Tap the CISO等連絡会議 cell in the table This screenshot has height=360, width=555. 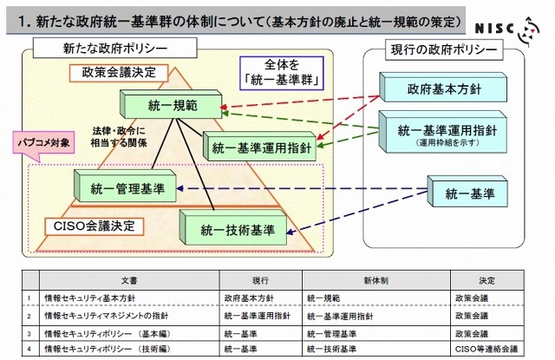486,349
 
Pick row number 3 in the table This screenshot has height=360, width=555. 29,332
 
